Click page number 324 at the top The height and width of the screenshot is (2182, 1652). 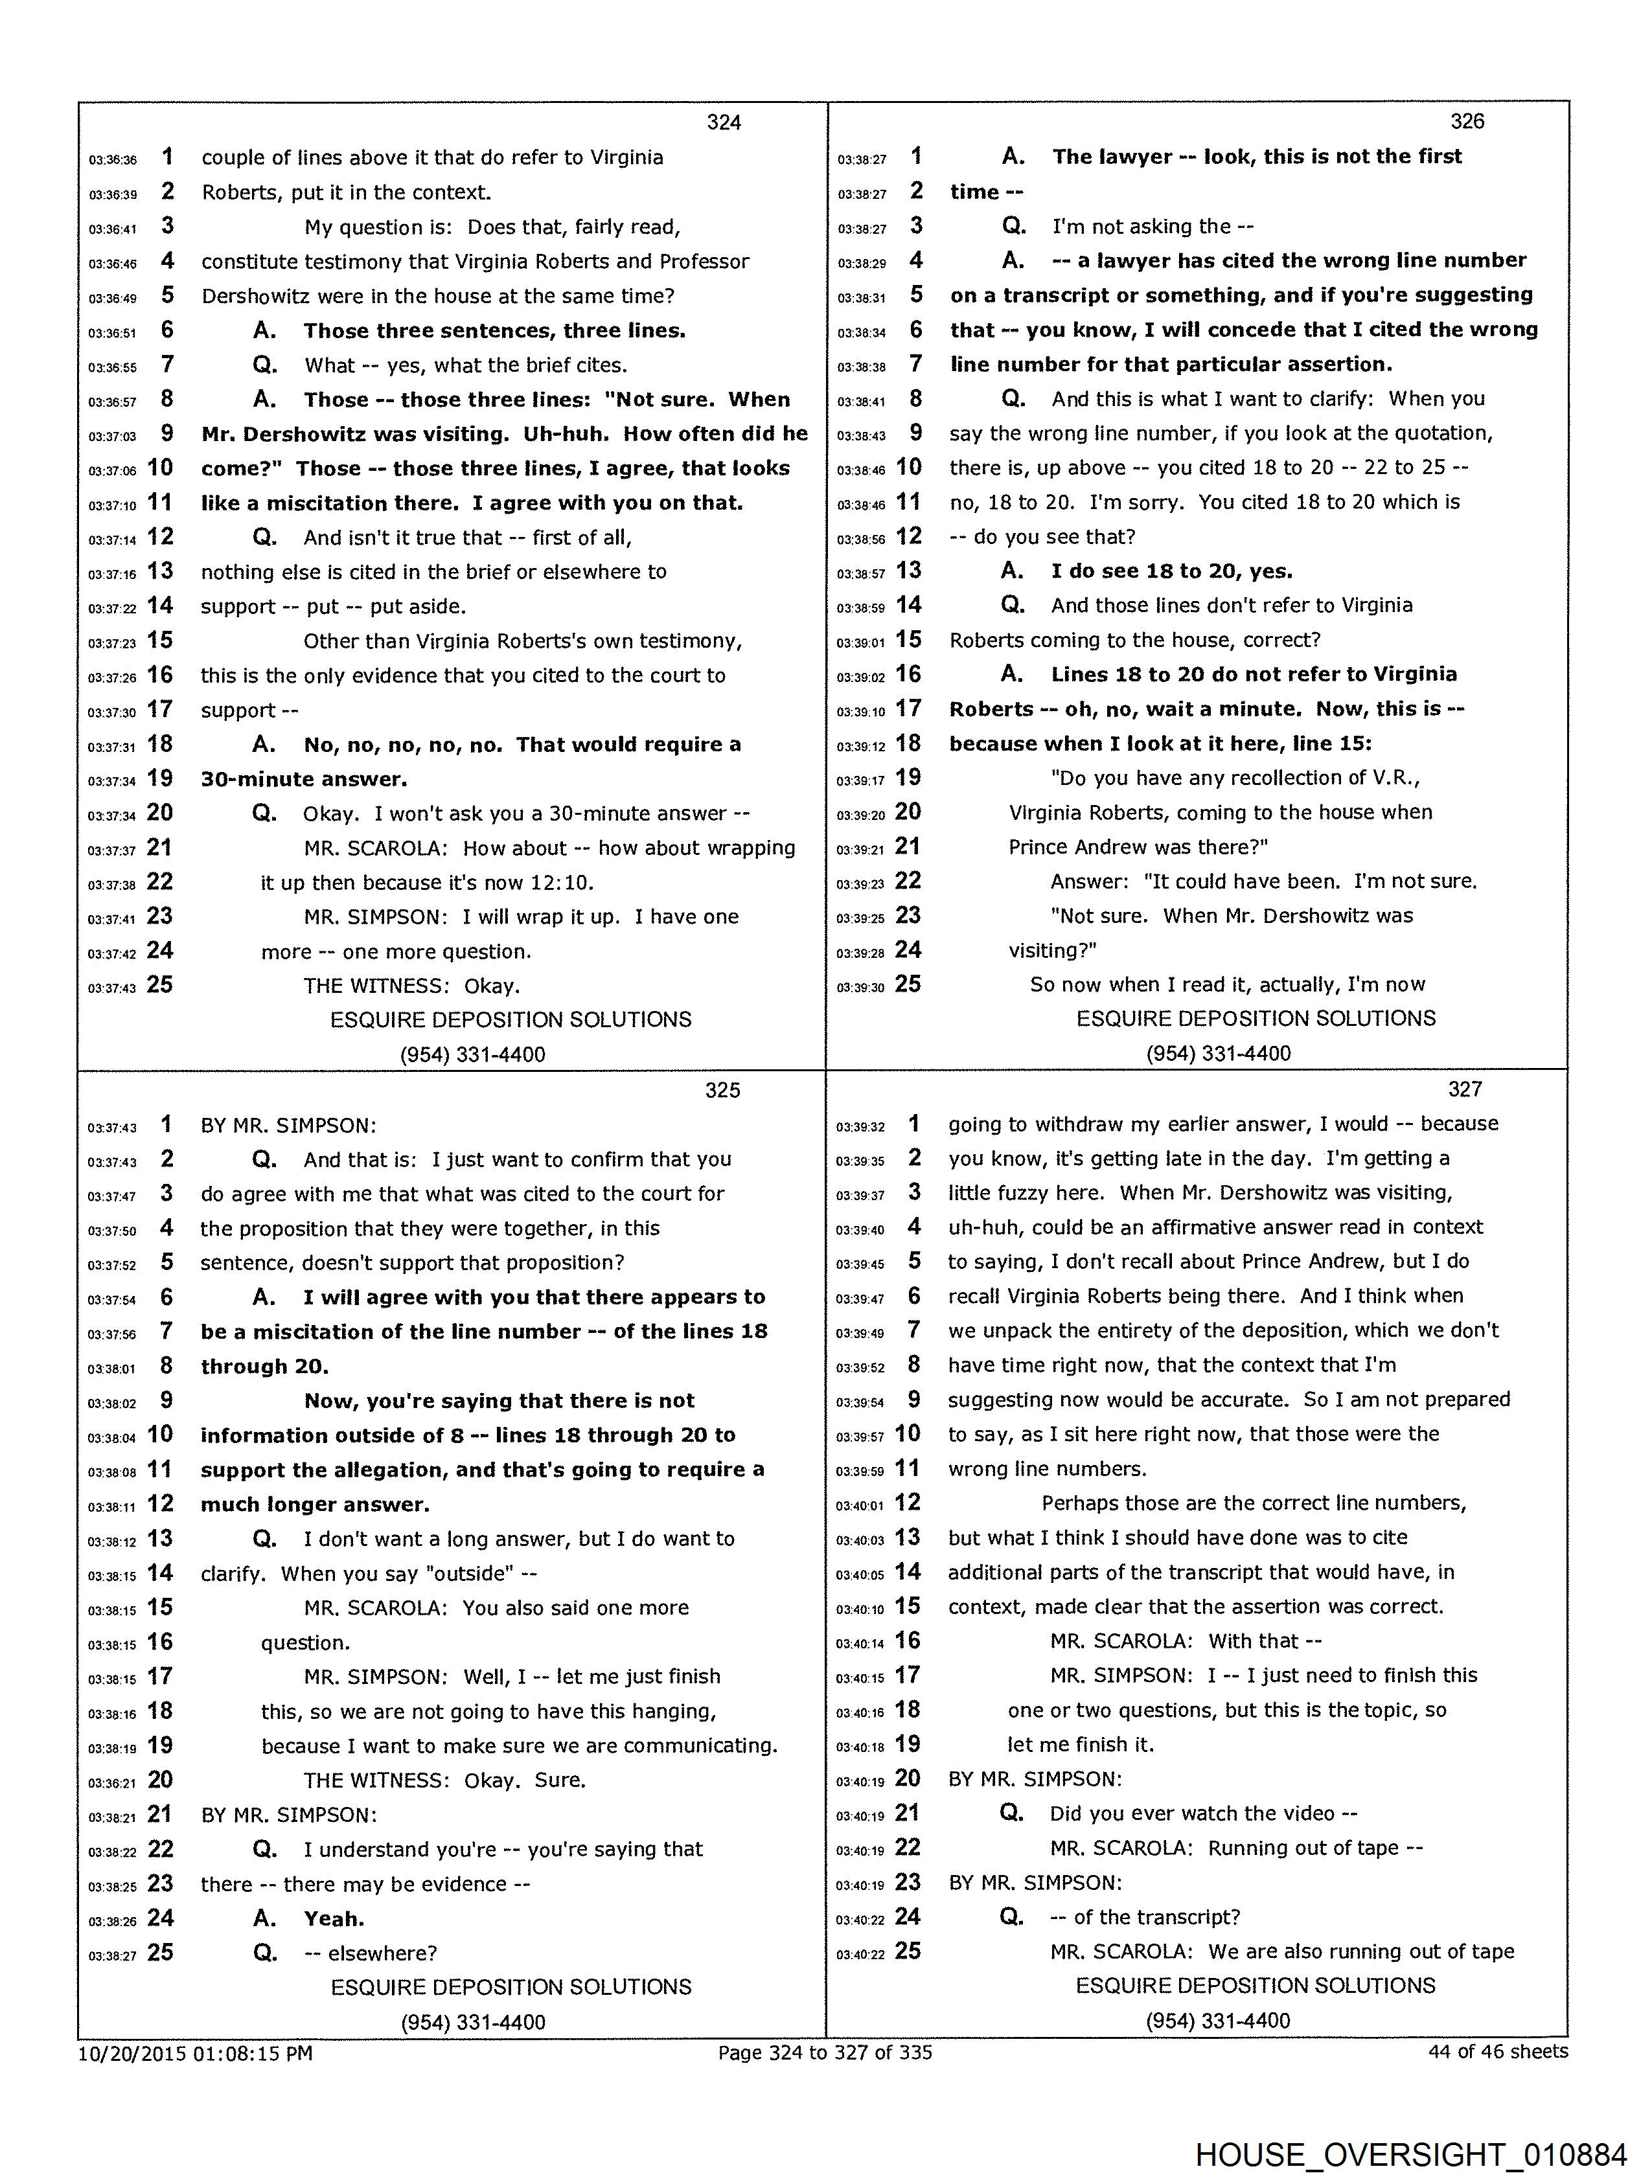pos(724,122)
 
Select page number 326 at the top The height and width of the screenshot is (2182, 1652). pos(1467,121)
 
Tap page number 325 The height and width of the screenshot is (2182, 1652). pos(722,1090)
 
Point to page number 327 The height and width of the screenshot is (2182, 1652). pos(1465,1089)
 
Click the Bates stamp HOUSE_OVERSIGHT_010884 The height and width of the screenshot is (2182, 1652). pos(1410,2154)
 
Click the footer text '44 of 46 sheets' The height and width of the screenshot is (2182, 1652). pos(1497,2051)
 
